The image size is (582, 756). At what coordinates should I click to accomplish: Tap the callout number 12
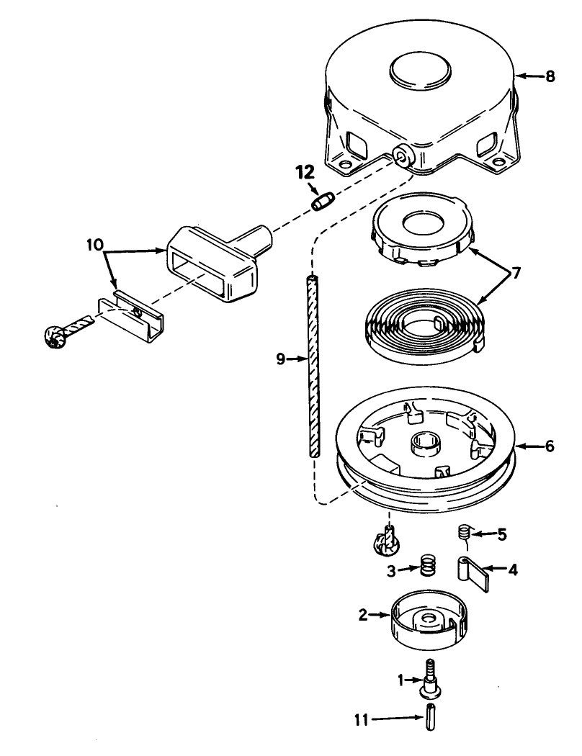tap(305, 174)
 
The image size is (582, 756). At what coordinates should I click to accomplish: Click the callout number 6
tap(550, 446)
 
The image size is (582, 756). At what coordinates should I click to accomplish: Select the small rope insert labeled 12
tap(321, 202)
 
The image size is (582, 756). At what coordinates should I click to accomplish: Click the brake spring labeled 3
tap(429, 568)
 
